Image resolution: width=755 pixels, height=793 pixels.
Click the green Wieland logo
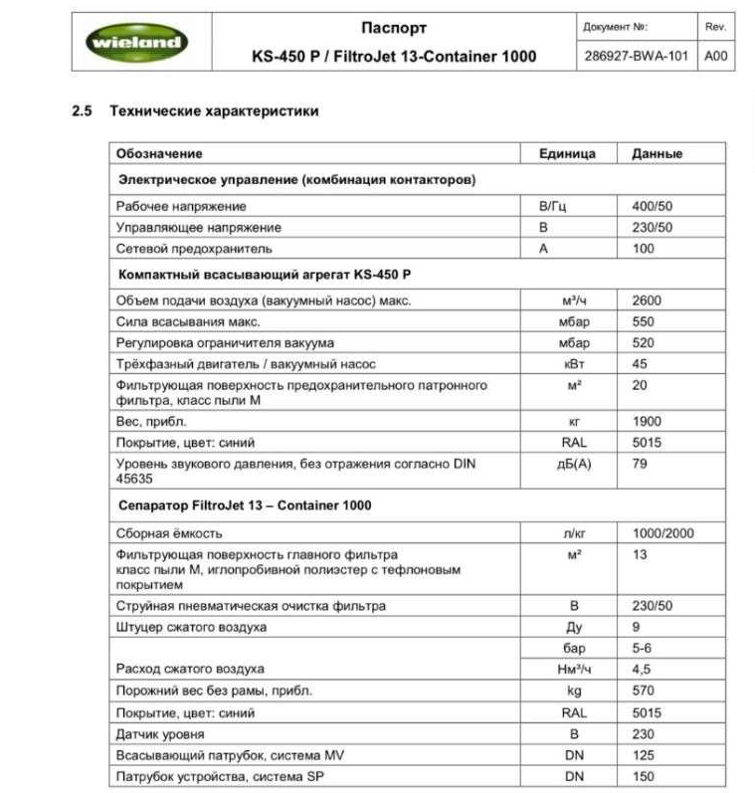point(135,41)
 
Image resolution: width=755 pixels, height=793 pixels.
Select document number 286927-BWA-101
point(635,56)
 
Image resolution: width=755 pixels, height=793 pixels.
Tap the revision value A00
point(716,56)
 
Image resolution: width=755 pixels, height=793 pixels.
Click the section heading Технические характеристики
point(214,111)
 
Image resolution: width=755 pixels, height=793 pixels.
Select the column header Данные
point(657,154)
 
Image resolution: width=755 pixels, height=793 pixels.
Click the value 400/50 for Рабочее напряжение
point(653,206)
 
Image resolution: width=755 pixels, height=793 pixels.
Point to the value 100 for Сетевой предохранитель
point(644,249)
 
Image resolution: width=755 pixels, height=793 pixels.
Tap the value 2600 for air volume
point(647,300)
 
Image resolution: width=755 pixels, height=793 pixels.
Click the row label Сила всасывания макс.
point(188,322)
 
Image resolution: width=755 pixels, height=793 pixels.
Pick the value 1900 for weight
point(647,422)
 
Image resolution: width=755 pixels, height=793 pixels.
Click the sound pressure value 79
point(640,464)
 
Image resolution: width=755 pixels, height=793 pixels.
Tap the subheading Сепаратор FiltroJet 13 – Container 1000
point(245,505)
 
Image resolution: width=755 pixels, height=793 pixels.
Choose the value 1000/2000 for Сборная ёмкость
point(663,534)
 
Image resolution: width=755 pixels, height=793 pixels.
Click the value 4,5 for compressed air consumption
point(642,670)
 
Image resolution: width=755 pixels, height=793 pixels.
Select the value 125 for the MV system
point(644,755)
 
